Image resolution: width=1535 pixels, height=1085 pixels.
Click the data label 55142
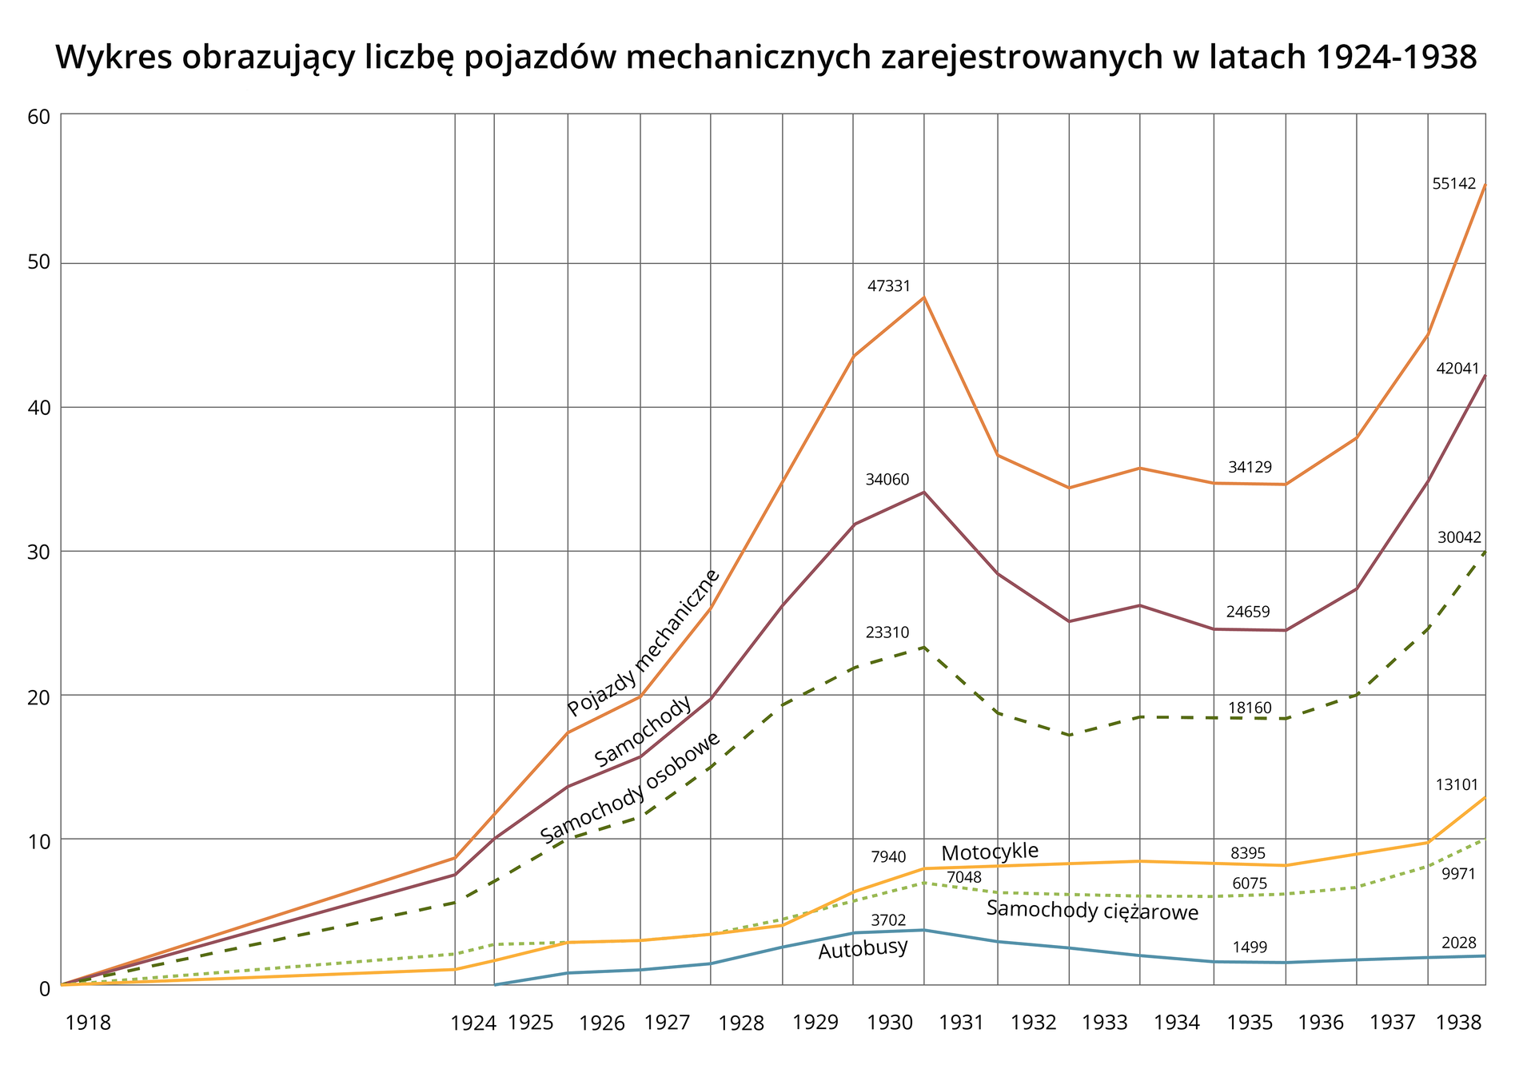[x=1453, y=184]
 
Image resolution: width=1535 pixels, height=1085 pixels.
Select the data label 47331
[x=888, y=286]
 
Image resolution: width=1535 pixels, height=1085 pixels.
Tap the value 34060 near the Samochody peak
[x=887, y=480]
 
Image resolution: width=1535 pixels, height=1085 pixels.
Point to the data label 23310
[x=887, y=632]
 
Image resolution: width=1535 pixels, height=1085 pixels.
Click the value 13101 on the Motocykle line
[x=1457, y=785]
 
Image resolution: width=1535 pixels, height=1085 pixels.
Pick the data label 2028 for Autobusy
[x=1458, y=943]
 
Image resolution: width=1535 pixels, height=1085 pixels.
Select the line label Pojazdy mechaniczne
[x=644, y=643]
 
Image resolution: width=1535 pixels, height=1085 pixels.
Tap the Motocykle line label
[x=989, y=852]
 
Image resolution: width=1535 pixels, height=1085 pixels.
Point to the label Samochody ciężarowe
[x=1092, y=911]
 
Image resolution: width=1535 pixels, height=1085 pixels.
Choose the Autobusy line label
[x=863, y=949]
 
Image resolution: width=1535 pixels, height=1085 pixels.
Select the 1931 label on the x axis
[x=961, y=1023]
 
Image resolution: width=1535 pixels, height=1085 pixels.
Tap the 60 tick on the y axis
[x=38, y=117]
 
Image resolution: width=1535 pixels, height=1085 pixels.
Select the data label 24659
[x=1248, y=612]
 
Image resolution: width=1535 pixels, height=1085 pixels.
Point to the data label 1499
[x=1250, y=947]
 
